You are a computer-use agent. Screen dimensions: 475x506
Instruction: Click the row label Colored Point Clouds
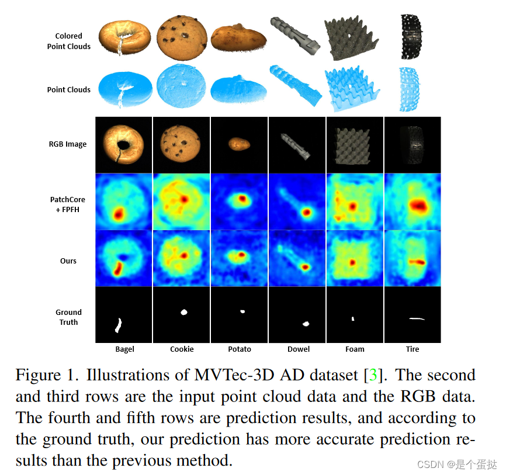[x=69, y=41]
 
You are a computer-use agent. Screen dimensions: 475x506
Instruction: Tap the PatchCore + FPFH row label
[x=68, y=204]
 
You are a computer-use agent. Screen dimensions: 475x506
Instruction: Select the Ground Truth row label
[x=68, y=317]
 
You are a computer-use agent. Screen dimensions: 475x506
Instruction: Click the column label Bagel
[x=124, y=349]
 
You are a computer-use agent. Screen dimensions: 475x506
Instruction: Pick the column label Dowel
[x=298, y=349]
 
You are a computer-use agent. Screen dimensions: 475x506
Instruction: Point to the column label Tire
[x=413, y=349]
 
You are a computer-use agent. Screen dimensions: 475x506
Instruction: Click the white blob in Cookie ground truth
[x=183, y=312]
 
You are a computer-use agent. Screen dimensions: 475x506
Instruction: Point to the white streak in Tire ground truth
[x=416, y=318]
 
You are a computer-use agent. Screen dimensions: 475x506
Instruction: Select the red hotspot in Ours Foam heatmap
[x=352, y=262]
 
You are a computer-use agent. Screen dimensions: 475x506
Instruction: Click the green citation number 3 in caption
[x=373, y=375]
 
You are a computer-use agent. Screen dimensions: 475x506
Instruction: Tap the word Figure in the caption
[x=37, y=375]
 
